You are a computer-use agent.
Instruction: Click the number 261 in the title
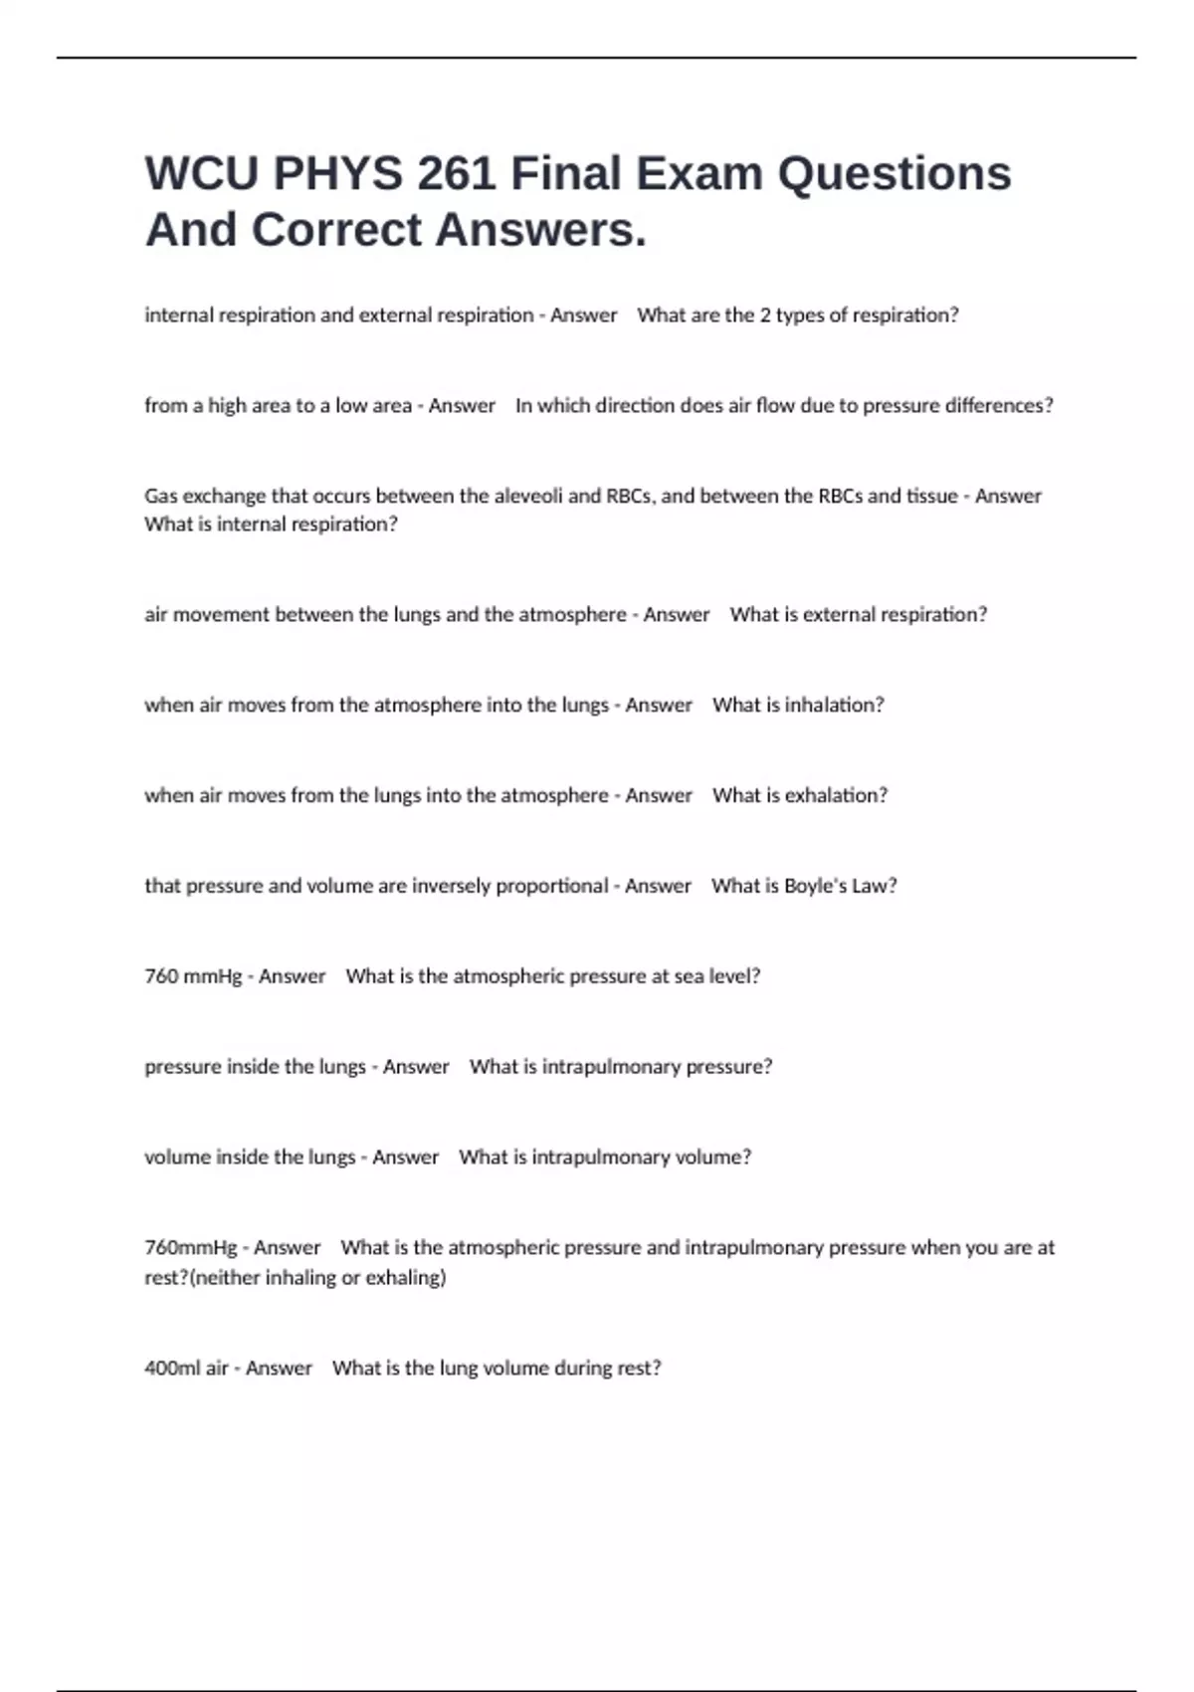click(x=456, y=173)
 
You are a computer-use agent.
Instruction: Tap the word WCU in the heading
click(x=201, y=173)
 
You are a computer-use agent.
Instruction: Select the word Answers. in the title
click(x=540, y=230)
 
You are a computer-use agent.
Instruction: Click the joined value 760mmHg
click(x=191, y=1248)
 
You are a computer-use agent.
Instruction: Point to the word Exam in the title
click(x=699, y=173)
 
